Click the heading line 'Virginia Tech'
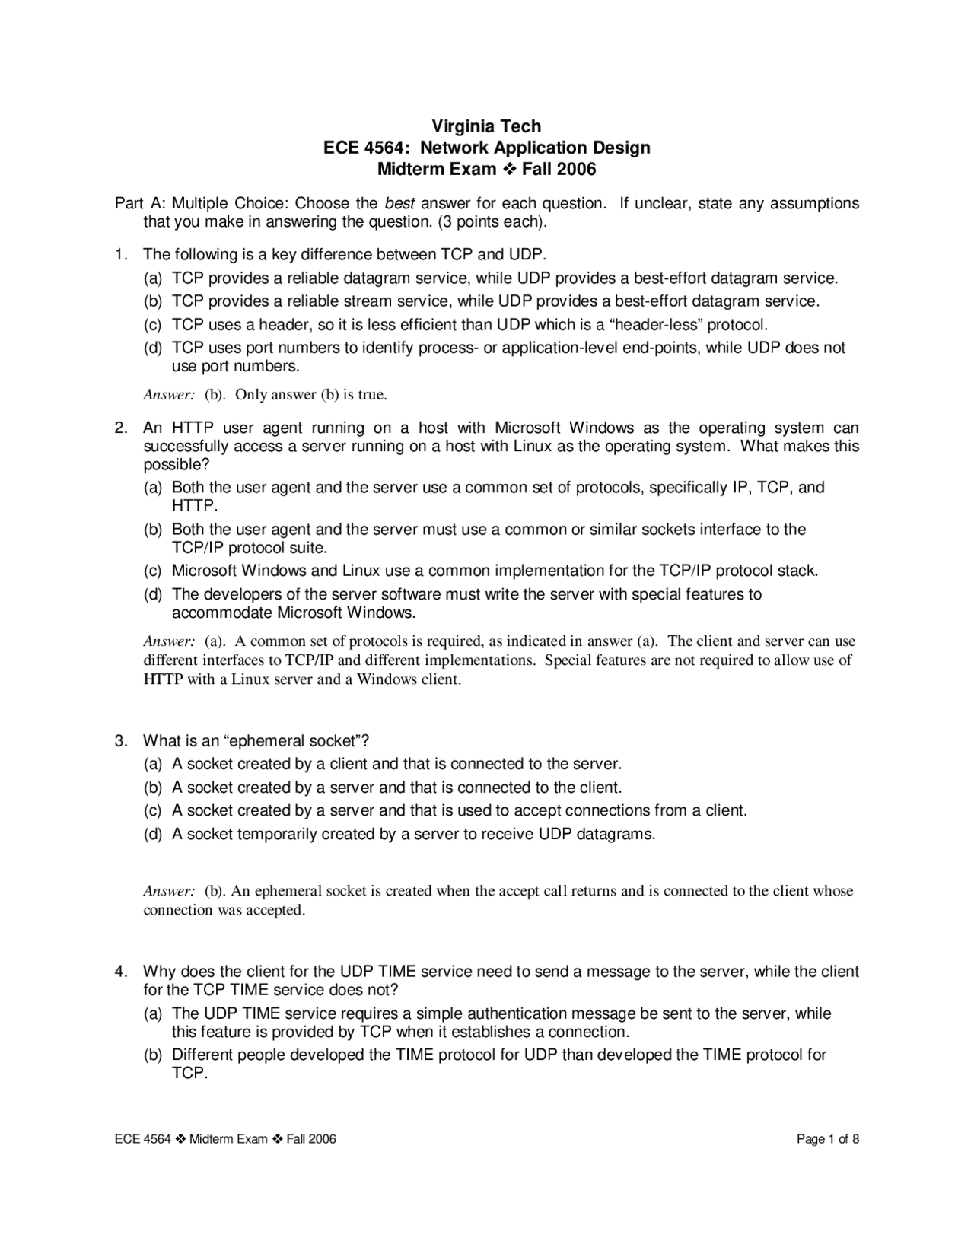point(486,126)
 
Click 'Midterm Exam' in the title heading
point(436,169)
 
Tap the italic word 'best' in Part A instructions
point(399,204)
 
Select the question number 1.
point(120,254)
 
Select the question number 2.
point(120,428)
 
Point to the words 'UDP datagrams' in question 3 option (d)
point(596,834)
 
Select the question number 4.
point(120,972)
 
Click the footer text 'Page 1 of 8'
point(828,1139)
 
